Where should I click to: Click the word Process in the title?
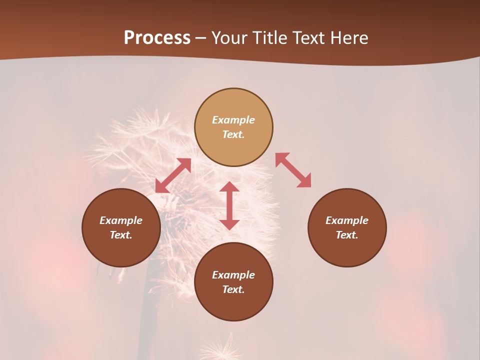(x=157, y=38)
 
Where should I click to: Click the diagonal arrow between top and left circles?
(x=173, y=175)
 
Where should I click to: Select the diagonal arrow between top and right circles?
(x=293, y=170)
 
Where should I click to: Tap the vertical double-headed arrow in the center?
(x=229, y=205)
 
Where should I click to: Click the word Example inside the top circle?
(x=233, y=120)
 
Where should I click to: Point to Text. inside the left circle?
(x=121, y=235)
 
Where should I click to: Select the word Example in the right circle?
(x=347, y=220)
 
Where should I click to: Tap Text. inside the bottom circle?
(x=233, y=289)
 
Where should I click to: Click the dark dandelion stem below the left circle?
(x=146, y=310)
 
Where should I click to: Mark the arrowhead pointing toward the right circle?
(x=304, y=181)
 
